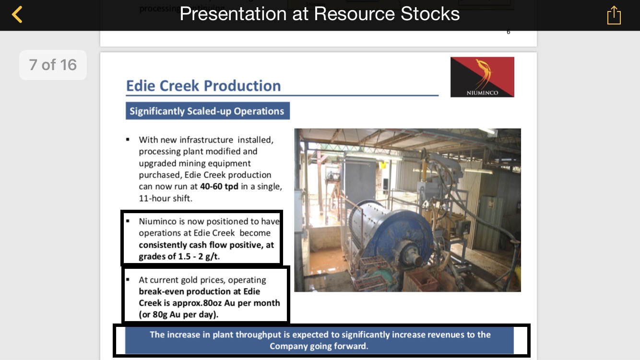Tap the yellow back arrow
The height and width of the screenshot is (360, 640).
pos(17,14)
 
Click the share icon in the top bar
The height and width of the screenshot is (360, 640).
pos(614,15)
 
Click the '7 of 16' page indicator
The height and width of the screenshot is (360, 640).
pos(53,65)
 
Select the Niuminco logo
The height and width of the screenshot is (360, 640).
pos(482,77)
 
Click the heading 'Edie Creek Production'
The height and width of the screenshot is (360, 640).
pos(203,85)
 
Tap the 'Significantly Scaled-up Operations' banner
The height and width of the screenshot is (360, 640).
pos(208,111)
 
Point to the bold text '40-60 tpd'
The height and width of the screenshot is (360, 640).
pos(219,186)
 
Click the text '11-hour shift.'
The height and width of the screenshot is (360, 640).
pos(166,198)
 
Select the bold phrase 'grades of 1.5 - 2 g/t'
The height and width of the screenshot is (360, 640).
pos(178,256)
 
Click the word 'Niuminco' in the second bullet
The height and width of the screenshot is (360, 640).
pos(158,221)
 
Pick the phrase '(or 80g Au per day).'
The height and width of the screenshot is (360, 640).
pos(178,314)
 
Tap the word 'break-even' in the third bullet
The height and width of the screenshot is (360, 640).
pos(161,291)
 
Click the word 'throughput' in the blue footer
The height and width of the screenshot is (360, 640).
pos(247,335)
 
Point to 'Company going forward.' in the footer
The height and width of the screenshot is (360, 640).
pos(319,346)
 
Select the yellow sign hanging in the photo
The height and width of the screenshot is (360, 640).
pos(382,165)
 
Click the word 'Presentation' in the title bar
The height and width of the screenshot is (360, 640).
pos(233,14)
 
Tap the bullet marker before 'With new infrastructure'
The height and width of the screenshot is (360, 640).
pos(128,140)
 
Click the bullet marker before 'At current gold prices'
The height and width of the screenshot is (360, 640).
pos(128,279)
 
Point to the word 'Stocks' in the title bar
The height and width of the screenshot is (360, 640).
pos(430,14)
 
